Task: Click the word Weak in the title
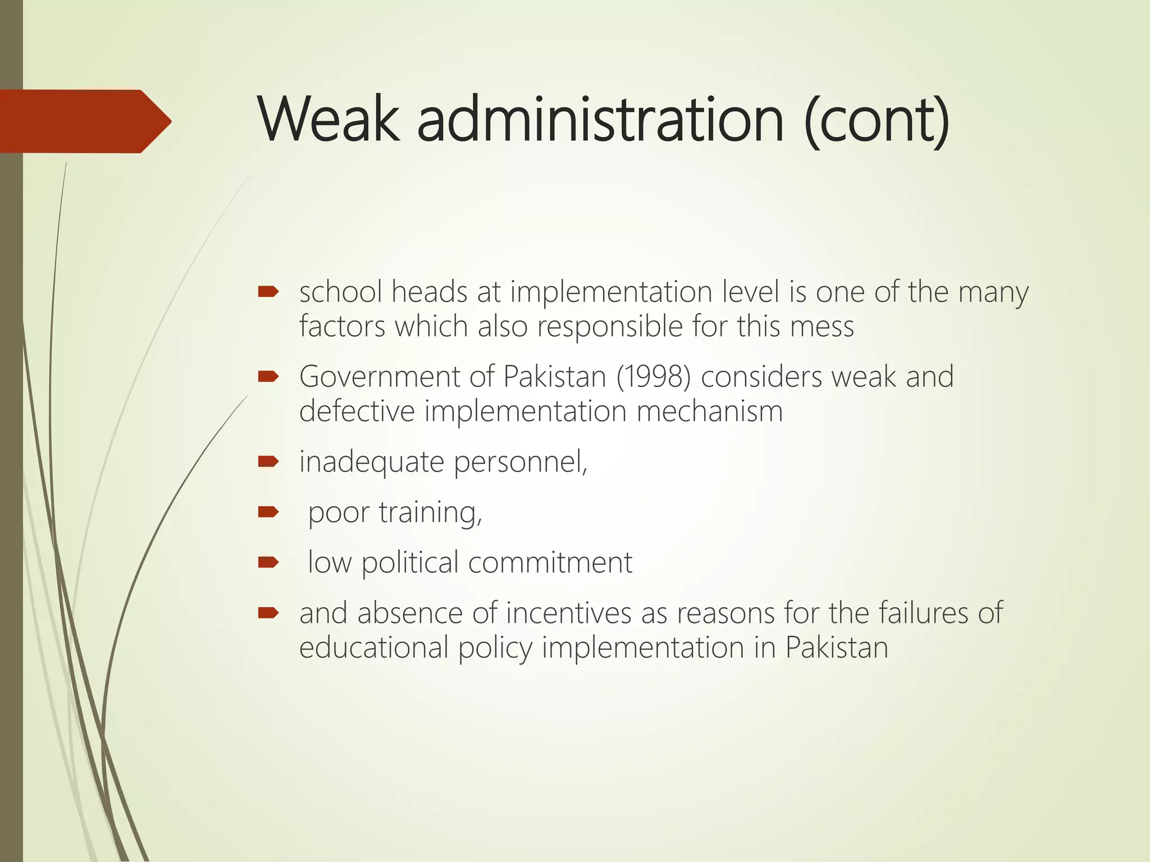pos(329,120)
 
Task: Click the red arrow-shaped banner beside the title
pos(84,121)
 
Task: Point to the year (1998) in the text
pos(654,377)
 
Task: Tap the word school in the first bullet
pos(340,292)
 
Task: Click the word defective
pos(357,411)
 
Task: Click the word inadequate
pos(372,462)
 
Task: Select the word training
pos(430,513)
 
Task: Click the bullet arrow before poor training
pos(268,512)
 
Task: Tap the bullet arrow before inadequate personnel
pos(268,461)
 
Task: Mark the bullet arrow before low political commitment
pos(268,562)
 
